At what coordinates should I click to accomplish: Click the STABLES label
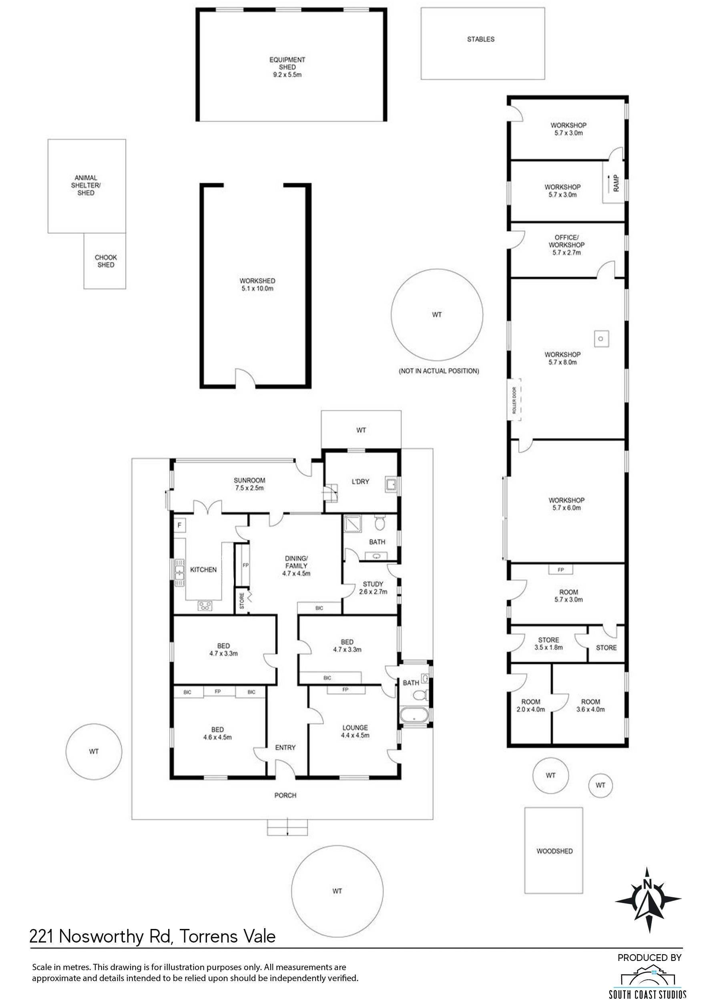pyautogui.click(x=481, y=39)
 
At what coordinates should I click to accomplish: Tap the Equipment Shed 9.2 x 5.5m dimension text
pyautogui.click(x=287, y=75)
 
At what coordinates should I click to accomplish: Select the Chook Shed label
pyautogui.click(x=106, y=261)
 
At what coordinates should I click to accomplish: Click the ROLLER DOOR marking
pyautogui.click(x=515, y=400)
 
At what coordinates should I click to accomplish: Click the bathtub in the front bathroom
pyautogui.click(x=414, y=714)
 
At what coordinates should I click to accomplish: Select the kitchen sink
pyautogui.click(x=179, y=573)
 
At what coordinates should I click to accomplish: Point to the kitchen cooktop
pyautogui.click(x=205, y=606)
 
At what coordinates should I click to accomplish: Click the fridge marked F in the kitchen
pyautogui.click(x=179, y=525)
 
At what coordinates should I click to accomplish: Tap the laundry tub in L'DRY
pyautogui.click(x=390, y=484)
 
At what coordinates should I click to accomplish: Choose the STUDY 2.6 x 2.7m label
pyautogui.click(x=373, y=587)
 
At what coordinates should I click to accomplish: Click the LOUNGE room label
pyautogui.click(x=355, y=728)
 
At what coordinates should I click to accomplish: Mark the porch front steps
pyautogui.click(x=287, y=828)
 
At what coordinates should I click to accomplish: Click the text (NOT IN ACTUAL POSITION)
pyautogui.click(x=438, y=371)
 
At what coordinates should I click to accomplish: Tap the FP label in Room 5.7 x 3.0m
pyautogui.click(x=561, y=570)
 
